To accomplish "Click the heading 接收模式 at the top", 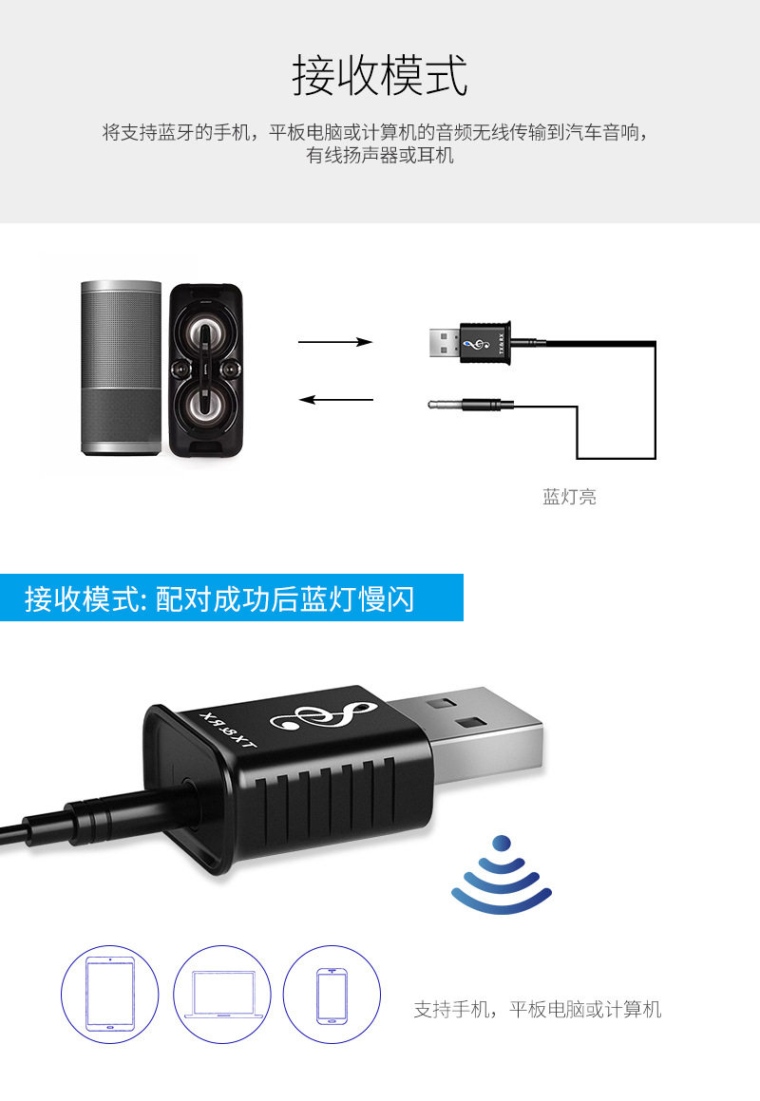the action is tap(380, 76).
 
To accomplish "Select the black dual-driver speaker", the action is tap(205, 370).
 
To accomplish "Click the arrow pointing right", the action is tap(335, 342).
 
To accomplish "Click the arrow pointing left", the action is tap(335, 399).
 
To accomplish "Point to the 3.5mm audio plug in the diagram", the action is tap(470, 406).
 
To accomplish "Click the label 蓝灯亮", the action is tap(570, 496).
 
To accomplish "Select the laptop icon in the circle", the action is tap(224, 994).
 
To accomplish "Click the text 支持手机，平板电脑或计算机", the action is tap(537, 1009).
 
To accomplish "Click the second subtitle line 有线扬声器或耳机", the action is tap(380, 155).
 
